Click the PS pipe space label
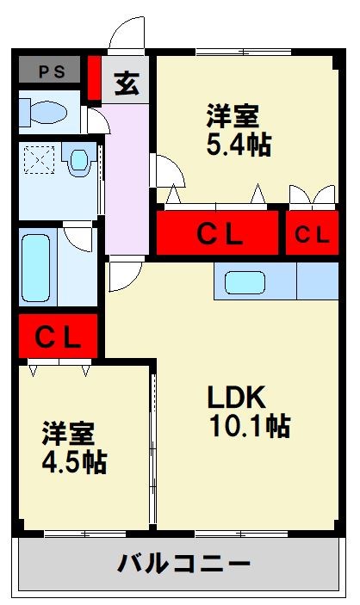[x=52, y=72]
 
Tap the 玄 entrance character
[x=127, y=83]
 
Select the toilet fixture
[x=43, y=113]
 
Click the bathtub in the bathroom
[x=35, y=269]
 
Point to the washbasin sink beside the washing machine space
[x=78, y=159]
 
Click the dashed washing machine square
[x=39, y=160]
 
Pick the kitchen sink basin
[x=245, y=282]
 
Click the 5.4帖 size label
[x=239, y=145]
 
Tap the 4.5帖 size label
[x=74, y=462]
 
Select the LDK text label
[x=237, y=398]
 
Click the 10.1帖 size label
[x=250, y=426]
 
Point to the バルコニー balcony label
[x=183, y=564]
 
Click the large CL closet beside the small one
[x=217, y=232]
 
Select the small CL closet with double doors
[x=312, y=232]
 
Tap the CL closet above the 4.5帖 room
[x=58, y=336]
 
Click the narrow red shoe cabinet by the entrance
[x=94, y=78]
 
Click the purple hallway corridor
[x=127, y=179]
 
